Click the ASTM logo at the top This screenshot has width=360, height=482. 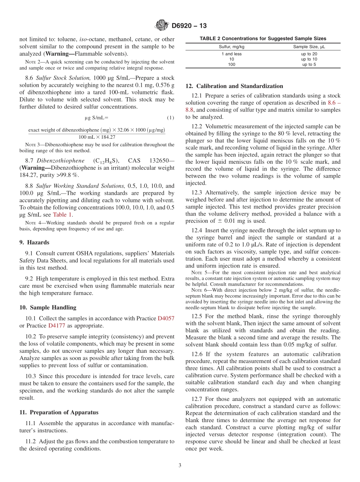tap(162, 26)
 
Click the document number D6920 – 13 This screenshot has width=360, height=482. tap(189, 26)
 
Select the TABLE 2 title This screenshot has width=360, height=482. tap(263, 39)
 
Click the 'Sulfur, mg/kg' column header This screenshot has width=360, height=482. tap(232, 47)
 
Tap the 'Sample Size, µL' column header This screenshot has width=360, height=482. tap(309, 47)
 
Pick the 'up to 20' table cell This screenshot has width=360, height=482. tap(309, 54)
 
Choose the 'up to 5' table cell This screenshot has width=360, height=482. tap(309, 64)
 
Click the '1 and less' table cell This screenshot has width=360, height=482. tap(232, 54)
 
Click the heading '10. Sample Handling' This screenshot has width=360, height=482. tap(48, 307)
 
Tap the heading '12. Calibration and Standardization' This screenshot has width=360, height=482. tap(234, 86)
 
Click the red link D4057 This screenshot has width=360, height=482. tap(166, 318)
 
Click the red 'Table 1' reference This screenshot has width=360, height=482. tap(62, 214)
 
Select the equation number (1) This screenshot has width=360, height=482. tap(170, 118)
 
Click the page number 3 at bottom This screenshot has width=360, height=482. tap(180, 466)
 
